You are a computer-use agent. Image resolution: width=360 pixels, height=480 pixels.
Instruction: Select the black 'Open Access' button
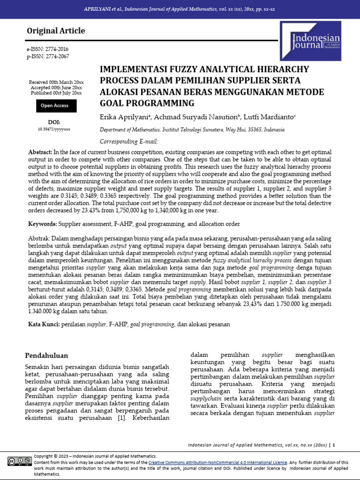coord(55,106)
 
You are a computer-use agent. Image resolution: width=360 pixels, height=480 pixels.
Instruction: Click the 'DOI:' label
coord(54,121)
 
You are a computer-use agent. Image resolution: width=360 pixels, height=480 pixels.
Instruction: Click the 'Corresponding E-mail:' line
coord(129,141)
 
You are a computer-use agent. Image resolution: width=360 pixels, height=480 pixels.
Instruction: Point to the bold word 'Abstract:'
coord(40,152)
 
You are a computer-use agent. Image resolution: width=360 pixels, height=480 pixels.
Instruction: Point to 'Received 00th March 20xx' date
coord(56,82)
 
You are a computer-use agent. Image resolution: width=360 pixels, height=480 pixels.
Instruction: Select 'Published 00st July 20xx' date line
coord(56,93)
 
